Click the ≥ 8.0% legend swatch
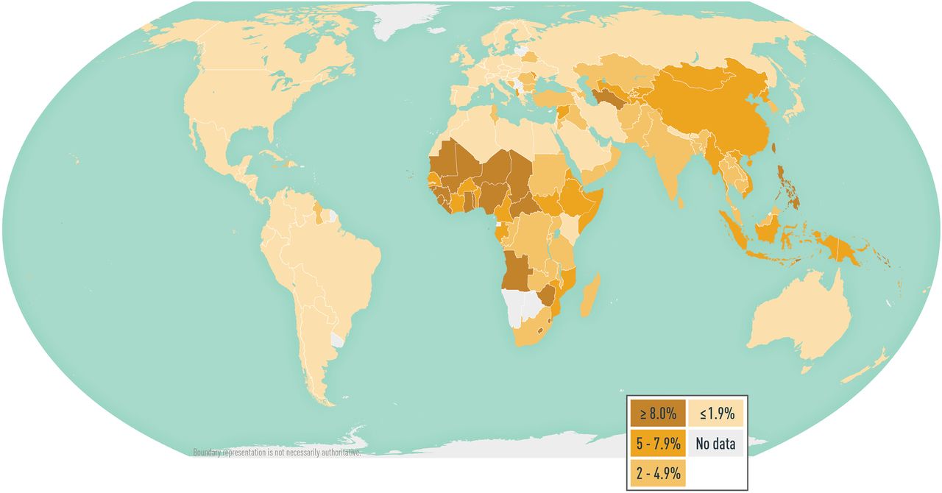pos(656,414)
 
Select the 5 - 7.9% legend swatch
pos(656,444)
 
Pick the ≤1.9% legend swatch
pos(716,414)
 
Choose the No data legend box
pos(716,444)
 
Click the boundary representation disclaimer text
pos(276,453)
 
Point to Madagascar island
pos(590,294)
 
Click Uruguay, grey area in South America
pos(337,340)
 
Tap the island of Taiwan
pos(773,146)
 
